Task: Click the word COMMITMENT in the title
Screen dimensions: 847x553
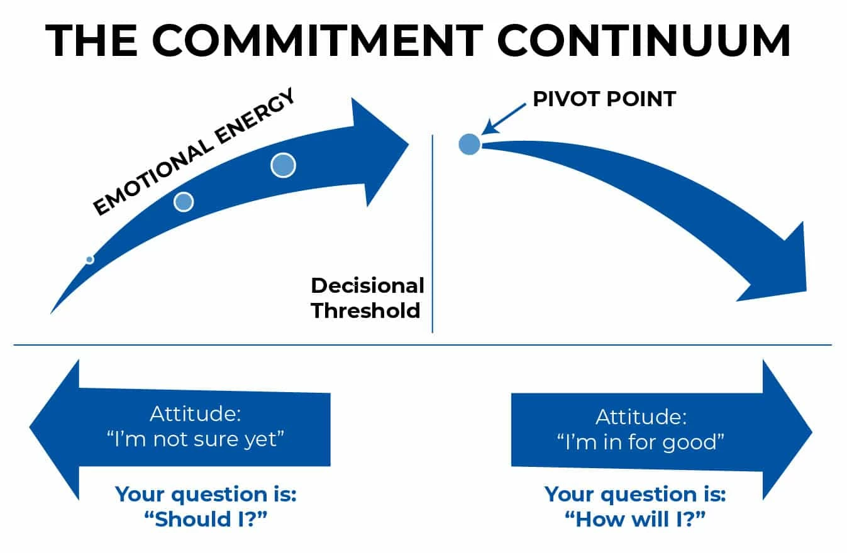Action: click(318, 40)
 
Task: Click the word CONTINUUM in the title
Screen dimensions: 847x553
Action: click(644, 40)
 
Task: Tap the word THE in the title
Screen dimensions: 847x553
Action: click(92, 40)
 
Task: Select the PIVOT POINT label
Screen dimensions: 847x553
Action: click(604, 99)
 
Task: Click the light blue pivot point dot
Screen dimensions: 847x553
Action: click(469, 144)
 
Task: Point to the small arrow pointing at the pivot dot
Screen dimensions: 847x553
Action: click(503, 119)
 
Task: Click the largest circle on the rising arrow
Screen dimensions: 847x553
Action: click(283, 165)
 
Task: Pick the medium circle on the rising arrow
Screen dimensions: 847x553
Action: click(184, 202)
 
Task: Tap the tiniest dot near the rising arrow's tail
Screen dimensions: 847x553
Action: click(90, 260)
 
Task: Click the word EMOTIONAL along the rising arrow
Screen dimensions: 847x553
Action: click(153, 178)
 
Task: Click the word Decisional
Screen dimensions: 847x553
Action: click(367, 285)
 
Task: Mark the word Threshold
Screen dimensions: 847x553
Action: click(365, 310)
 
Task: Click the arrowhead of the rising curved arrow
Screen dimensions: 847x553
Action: click(378, 151)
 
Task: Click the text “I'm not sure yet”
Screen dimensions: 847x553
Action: click(196, 439)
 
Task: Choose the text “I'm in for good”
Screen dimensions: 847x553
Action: click(641, 442)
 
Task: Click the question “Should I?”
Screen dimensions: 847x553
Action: click(206, 519)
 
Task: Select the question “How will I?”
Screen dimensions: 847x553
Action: click(635, 519)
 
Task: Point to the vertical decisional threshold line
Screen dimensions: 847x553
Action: click(433, 234)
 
